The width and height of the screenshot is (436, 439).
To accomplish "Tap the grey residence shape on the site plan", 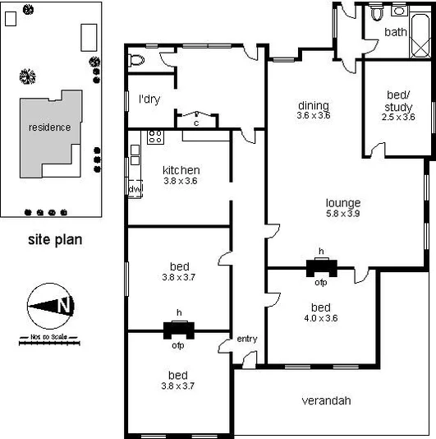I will point(49,132).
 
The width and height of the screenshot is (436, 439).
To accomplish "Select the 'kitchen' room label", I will point(181,170).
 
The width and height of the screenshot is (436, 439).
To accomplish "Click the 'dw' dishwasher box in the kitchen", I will point(135,189).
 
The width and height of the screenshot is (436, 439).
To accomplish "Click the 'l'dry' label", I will point(149,99).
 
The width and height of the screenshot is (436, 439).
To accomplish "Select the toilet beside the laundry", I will point(137,59).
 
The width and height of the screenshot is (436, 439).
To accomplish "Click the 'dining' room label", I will point(314,105).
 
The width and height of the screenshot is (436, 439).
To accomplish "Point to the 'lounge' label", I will point(343,203).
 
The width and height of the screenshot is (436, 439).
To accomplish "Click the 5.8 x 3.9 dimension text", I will point(343,214).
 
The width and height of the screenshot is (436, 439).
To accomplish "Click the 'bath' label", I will point(396,32).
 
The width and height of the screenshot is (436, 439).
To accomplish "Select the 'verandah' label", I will point(326,401).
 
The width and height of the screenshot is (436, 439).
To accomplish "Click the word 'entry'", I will point(247,339).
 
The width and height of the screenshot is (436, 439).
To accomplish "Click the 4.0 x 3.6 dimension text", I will point(321,319).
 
